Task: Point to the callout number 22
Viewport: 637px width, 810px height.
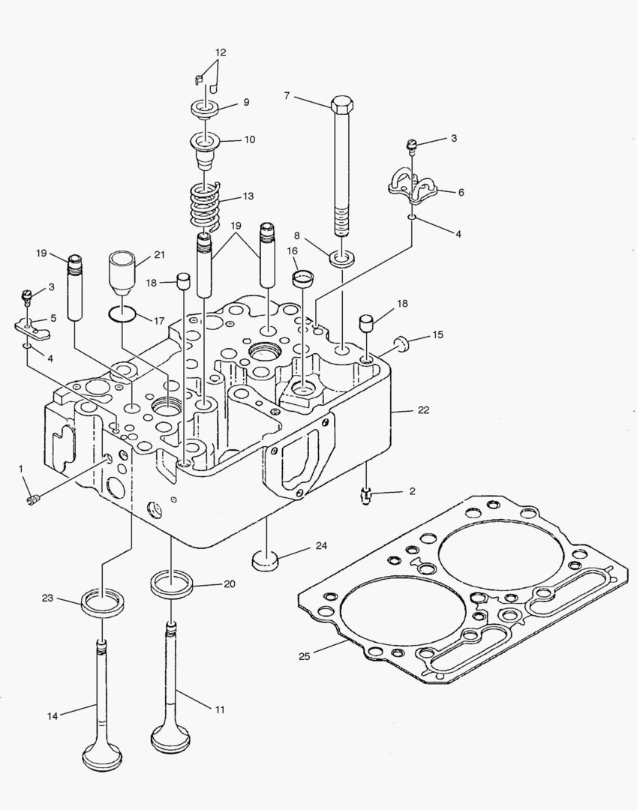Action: tap(424, 409)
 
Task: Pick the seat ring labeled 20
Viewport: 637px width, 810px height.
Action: tap(173, 583)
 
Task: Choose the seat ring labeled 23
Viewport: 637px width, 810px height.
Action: tap(103, 602)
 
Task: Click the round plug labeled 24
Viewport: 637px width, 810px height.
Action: tap(265, 558)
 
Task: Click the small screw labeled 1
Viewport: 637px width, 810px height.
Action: tap(32, 499)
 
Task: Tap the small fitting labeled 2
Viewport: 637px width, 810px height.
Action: tap(367, 493)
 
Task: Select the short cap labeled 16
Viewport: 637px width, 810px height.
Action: tap(302, 279)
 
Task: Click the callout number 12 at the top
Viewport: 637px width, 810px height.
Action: tap(220, 52)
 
